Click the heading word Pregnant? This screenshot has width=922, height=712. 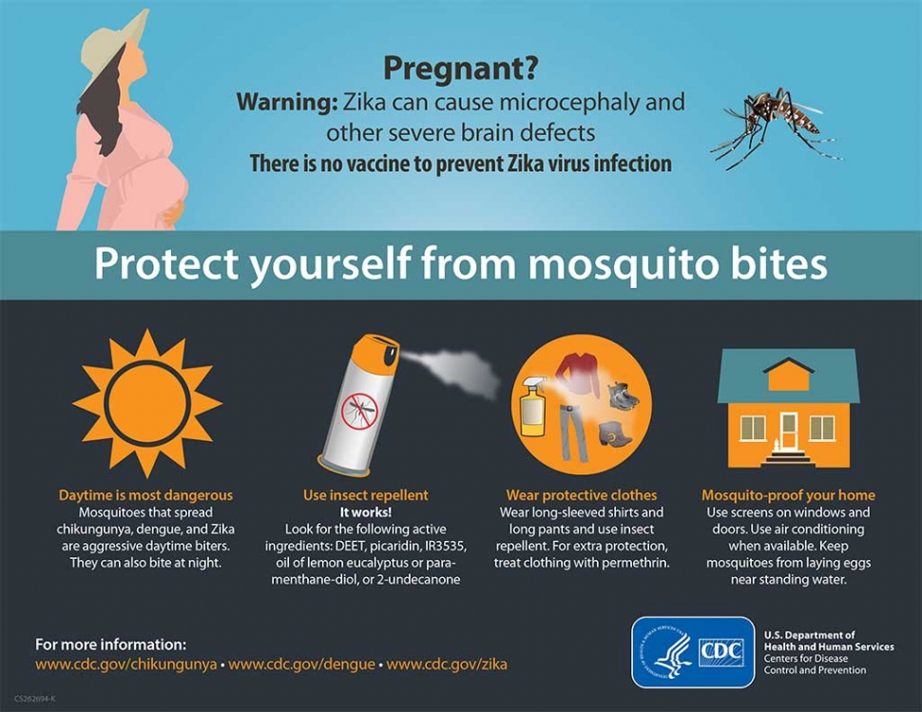[x=460, y=68]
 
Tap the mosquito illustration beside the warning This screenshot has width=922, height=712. [x=777, y=127]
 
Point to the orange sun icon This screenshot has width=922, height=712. [x=147, y=403]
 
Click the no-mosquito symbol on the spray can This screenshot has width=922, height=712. [x=359, y=411]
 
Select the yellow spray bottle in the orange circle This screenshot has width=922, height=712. [x=532, y=405]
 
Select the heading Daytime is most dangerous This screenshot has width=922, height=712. [x=145, y=495]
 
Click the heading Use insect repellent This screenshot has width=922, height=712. [x=366, y=495]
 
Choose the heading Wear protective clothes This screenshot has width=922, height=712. [x=582, y=495]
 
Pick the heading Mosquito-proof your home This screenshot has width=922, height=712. [x=789, y=495]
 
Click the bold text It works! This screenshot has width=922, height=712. [x=366, y=512]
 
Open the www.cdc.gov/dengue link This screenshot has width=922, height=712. [x=301, y=664]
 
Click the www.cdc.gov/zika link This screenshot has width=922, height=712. [x=447, y=664]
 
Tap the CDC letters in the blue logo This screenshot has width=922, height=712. [x=721, y=652]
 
